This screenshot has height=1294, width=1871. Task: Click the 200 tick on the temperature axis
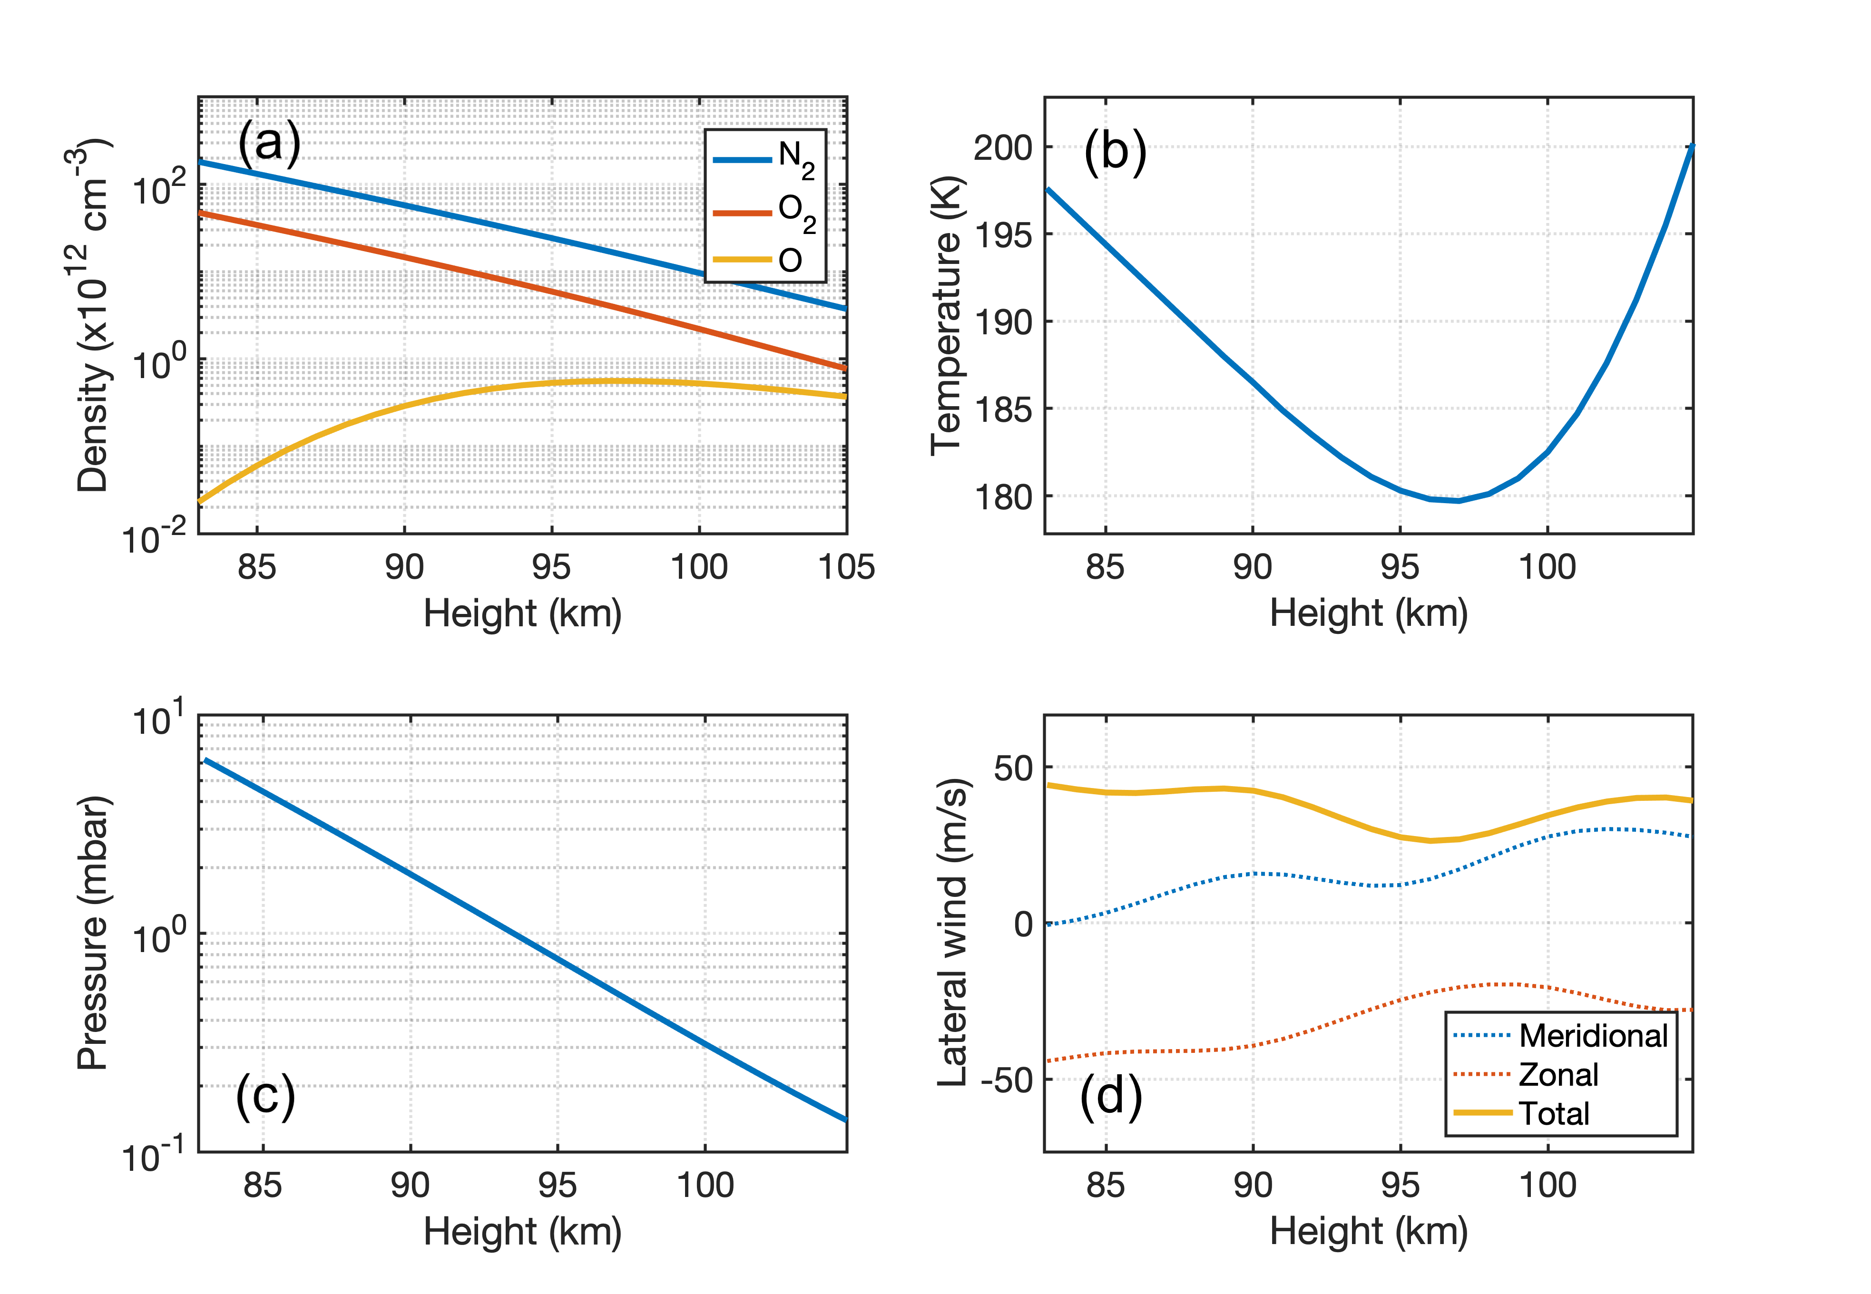[1002, 147]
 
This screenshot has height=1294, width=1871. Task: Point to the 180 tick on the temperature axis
[1002, 496]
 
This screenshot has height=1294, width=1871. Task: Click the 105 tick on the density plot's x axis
[846, 567]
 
